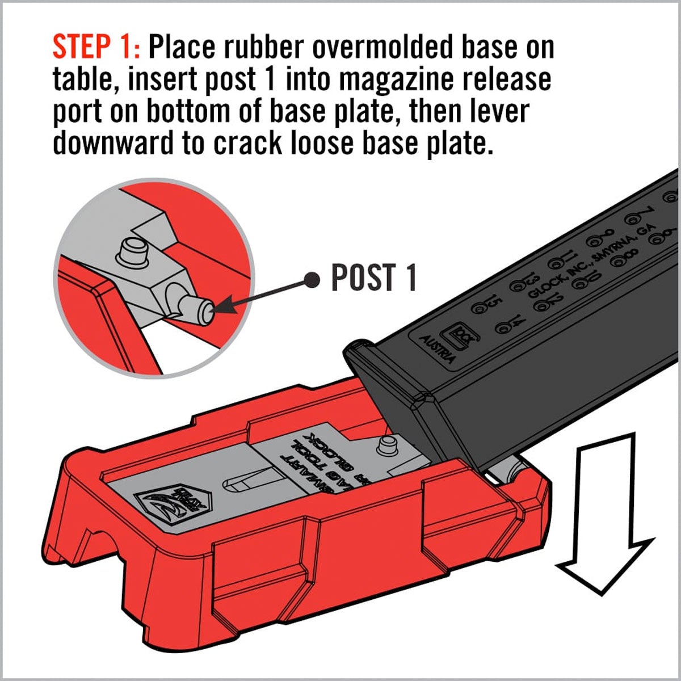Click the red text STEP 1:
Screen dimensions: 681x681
[x=95, y=47]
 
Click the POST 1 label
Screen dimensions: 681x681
[x=373, y=278]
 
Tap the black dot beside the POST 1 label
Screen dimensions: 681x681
[x=312, y=278]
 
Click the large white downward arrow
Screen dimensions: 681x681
[x=604, y=511]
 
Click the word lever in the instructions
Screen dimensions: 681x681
[x=499, y=111]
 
